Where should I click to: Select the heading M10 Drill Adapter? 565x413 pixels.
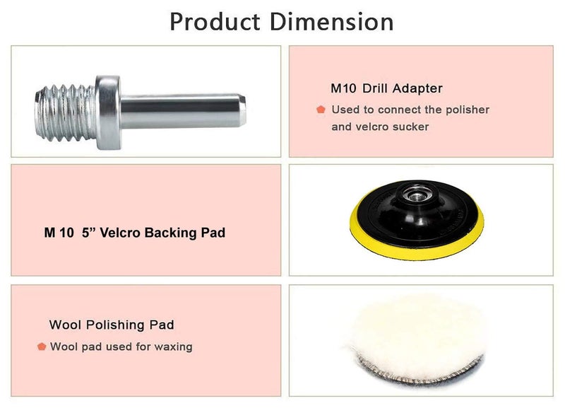[386, 89]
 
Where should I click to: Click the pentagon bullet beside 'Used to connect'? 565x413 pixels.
[321, 110]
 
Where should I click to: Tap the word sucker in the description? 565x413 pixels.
[410, 127]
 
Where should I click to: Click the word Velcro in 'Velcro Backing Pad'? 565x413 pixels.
[124, 232]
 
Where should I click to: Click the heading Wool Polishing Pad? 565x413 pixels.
[112, 325]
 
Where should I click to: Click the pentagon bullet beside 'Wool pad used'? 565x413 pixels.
[42, 347]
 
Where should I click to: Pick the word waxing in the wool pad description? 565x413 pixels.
[174, 347]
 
